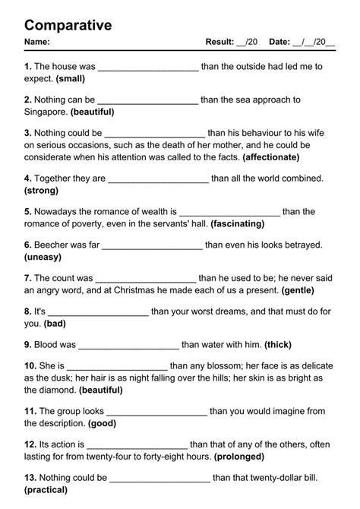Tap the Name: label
(37, 43)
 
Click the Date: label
(279, 43)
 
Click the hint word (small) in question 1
(70, 78)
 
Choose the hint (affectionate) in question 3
(271, 157)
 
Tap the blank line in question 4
(159, 179)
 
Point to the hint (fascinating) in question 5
(238, 224)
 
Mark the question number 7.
(28, 279)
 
